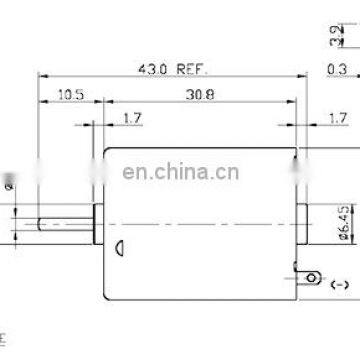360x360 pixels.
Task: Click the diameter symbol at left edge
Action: click(x=8, y=184)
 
